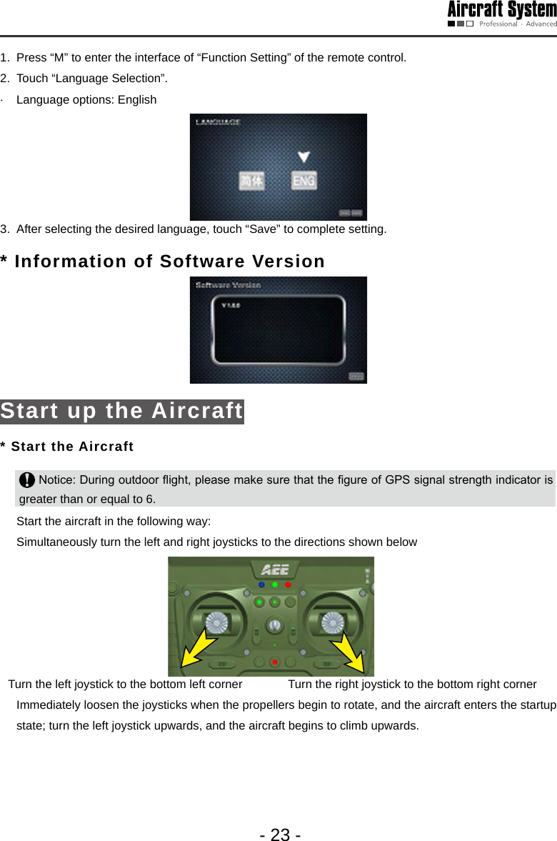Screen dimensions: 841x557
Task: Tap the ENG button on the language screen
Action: point(303,181)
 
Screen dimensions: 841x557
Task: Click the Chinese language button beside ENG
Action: point(251,181)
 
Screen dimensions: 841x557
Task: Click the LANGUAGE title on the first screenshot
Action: point(219,122)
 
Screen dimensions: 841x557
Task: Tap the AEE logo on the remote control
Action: point(275,570)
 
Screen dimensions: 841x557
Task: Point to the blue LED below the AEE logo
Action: point(261,584)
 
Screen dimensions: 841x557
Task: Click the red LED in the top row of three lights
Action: point(288,584)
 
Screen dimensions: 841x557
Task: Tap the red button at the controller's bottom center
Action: point(275,662)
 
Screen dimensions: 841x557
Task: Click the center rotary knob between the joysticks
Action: point(275,626)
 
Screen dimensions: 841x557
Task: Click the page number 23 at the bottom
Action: point(280,835)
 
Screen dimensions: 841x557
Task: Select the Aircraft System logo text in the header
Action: point(502,10)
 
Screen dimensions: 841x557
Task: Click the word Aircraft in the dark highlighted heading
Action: point(197,411)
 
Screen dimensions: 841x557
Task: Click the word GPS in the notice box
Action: point(398,479)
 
